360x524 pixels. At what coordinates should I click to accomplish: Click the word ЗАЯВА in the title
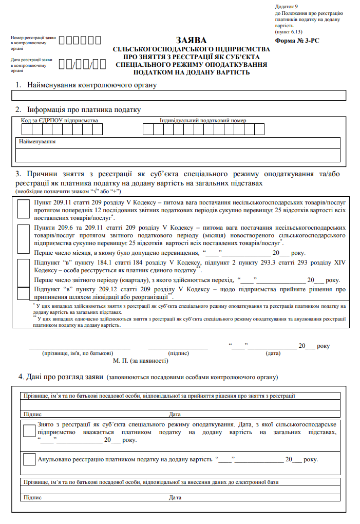pyautogui.click(x=191, y=40)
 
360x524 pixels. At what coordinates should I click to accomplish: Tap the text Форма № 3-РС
pyautogui.click(x=297, y=40)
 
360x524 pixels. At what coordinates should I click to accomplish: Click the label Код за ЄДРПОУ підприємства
pyautogui.click(x=59, y=121)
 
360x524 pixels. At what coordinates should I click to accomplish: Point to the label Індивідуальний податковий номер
pyautogui.click(x=203, y=121)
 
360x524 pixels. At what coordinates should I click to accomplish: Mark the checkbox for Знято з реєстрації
pyautogui.click(x=29, y=432)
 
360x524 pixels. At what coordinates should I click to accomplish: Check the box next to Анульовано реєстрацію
pyautogui.click(x=29, y=459)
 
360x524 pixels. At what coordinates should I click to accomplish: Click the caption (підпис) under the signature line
pyautogui.click(x=178, y=353)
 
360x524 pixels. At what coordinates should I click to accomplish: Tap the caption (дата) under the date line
pyautogui.click(x=273, y=353)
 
